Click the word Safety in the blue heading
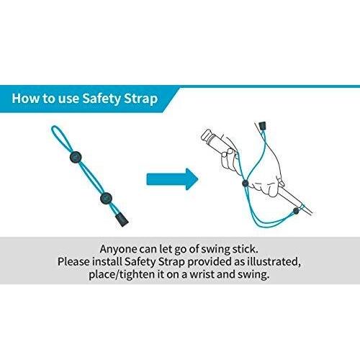click(x=101, y=99)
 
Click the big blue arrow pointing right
click(x=172, y=179)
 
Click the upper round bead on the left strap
click(x=76, y=157)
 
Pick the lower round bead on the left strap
click(x=106, y=198)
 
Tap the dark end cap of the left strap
click(x=122, y=220)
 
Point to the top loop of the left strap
click(x=60, y=138)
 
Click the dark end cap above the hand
click(x=263, y=125)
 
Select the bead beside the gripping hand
click(x=245, y=183)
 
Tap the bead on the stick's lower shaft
click(x=296, y=211)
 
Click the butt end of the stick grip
click(x=207, y=135)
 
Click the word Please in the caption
click(x=73, y=261)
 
